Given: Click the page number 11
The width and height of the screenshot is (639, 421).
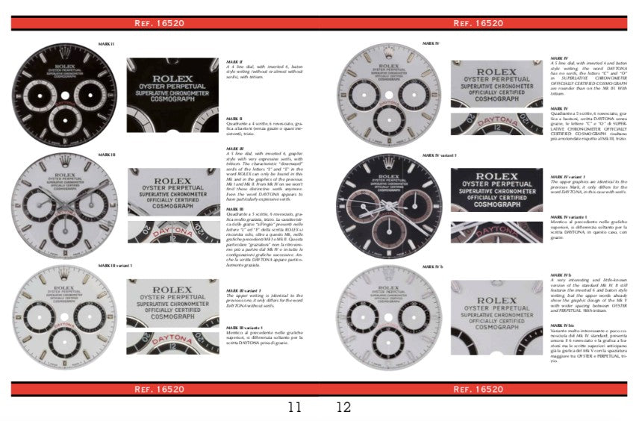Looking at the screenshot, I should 295,408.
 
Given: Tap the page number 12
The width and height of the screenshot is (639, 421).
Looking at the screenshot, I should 343,408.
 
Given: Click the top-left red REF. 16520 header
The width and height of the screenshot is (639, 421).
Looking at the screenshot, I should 161,23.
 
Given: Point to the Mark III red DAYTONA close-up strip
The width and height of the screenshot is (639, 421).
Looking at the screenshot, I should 173,232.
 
